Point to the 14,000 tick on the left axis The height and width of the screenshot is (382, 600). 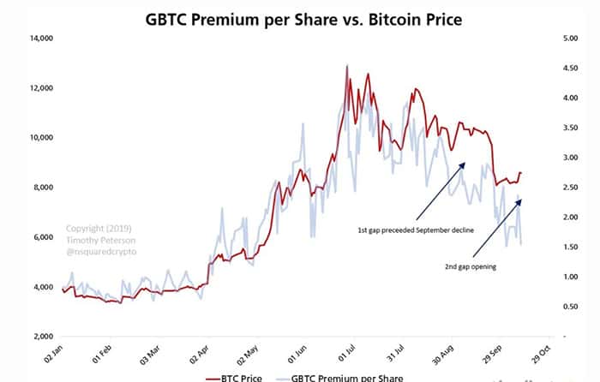coord(40,38)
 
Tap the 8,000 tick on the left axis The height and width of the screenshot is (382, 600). coord(43,187)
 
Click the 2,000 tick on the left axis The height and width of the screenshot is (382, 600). coord(43,336)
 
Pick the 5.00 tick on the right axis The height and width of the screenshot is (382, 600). coord(569,38)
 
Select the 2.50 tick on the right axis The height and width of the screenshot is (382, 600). coord(569,187)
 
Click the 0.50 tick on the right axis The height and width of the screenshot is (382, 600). coord(569,306)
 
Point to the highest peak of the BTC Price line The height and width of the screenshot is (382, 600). coord(346,66)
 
